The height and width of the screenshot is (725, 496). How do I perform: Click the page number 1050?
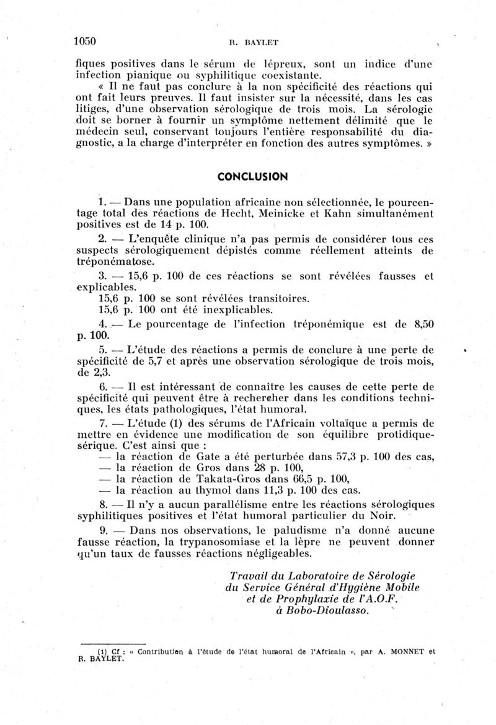[85, 42]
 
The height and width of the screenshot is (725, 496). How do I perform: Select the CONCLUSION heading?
[252, 177]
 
